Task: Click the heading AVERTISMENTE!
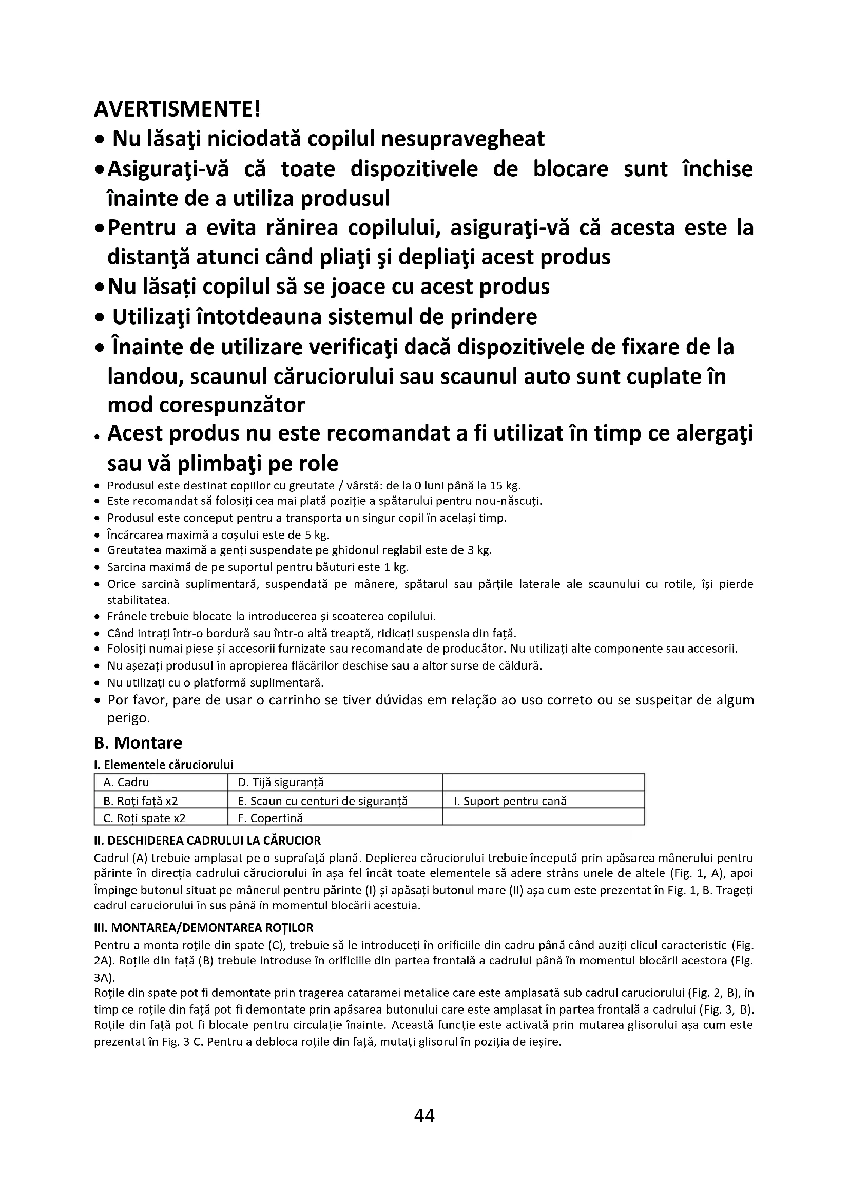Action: click(x=177, y=109)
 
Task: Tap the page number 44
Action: click(x=424, y=1115)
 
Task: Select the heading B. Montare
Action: click(x=138, y=742)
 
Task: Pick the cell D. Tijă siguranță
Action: click(x=281, y=782)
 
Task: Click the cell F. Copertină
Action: click(x=271, y=817)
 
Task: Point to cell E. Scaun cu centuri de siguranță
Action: click(x=322, y=800)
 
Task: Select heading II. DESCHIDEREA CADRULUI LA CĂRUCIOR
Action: click(x=207, y=840)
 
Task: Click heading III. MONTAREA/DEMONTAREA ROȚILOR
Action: click(x=203, y=927)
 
